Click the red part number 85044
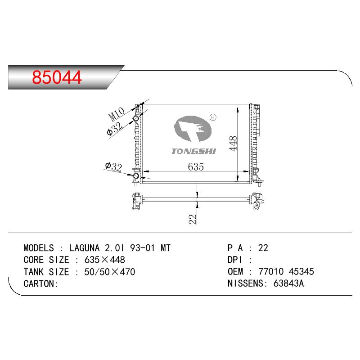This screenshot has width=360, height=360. pyautogui.click(x=57, y=77)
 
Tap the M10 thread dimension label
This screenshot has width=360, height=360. pyautogui.click(x=117, y=114)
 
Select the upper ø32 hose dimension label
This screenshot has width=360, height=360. pyautogui.click(x=115, y=129)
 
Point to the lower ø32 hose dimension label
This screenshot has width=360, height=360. pyautogui.click(x=113, y=167)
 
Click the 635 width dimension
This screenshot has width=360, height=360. pyautogui.click(x=196, y=167)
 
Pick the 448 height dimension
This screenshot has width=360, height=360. pyautogui.click(x=233, y=144)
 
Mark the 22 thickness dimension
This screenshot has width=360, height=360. pyautogui.click(x=193, y=219)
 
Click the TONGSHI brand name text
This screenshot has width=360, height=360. pyautogui.click(x=194, y=151)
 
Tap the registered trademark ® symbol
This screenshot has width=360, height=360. pyautogui.click(x=213, y=117)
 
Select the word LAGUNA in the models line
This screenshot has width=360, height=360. pyautogui.click(x=84, y=248)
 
